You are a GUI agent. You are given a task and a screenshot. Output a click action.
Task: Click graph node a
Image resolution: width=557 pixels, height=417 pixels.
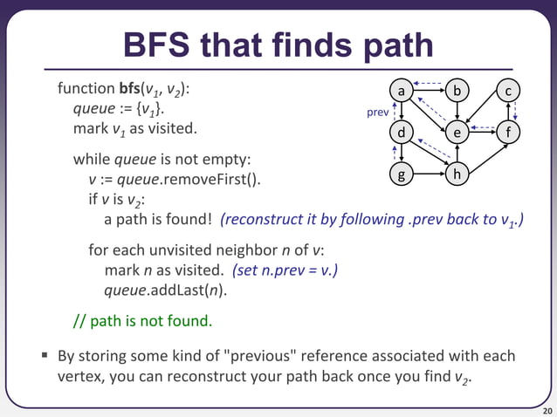click(x=401, y=91)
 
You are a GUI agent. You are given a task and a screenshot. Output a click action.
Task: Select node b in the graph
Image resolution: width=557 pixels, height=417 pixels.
click(x=457, y=91)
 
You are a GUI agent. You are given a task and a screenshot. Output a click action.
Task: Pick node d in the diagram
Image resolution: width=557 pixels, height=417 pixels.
click(x=401, y=133)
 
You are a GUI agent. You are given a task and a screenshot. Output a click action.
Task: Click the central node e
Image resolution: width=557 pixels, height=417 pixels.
click(x=457, y=133)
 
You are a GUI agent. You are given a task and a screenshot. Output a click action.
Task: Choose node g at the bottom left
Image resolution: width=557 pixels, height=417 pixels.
click(x=401, y=174)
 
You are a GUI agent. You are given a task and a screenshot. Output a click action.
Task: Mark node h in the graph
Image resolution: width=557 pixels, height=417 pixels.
click(x=457, y=174)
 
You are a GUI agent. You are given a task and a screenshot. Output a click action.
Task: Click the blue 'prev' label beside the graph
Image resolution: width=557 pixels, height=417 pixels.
click(x=376, y=113)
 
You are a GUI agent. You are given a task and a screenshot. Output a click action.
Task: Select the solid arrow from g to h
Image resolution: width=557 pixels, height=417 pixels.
click(x=429, y=174)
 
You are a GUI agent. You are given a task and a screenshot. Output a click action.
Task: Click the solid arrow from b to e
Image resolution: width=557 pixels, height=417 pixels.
click(x=457, y=112)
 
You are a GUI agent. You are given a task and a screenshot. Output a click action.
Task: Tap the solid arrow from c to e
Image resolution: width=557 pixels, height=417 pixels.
click(x=484, y=111)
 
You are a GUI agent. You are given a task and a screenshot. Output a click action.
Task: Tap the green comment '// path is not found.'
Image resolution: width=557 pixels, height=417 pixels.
click(x=142, y=320)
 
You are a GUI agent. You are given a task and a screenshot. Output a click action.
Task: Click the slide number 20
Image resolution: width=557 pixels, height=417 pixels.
click(x=547, y=409)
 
